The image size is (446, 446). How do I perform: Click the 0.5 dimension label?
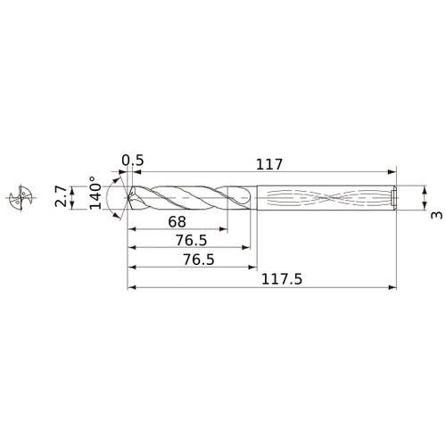(133, 161)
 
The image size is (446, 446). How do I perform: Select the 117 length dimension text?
(268, 164)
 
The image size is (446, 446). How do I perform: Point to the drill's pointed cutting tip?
(128, 198)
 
